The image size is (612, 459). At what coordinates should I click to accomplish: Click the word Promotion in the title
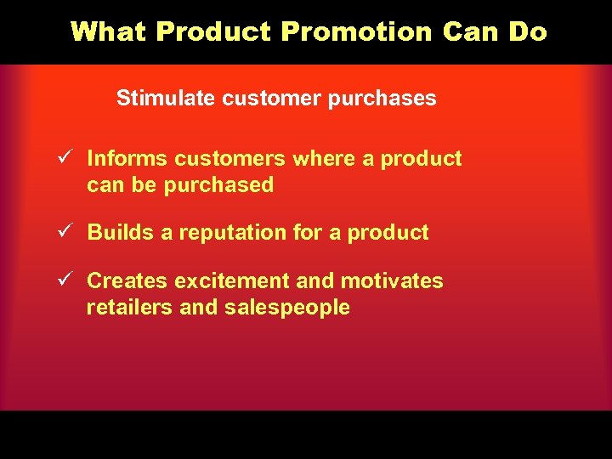click(357, 31)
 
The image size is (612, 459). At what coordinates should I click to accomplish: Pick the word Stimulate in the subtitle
click(167, 99)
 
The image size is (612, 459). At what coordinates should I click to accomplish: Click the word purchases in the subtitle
click(386, 99)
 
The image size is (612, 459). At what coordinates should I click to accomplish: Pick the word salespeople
click(287, 308)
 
